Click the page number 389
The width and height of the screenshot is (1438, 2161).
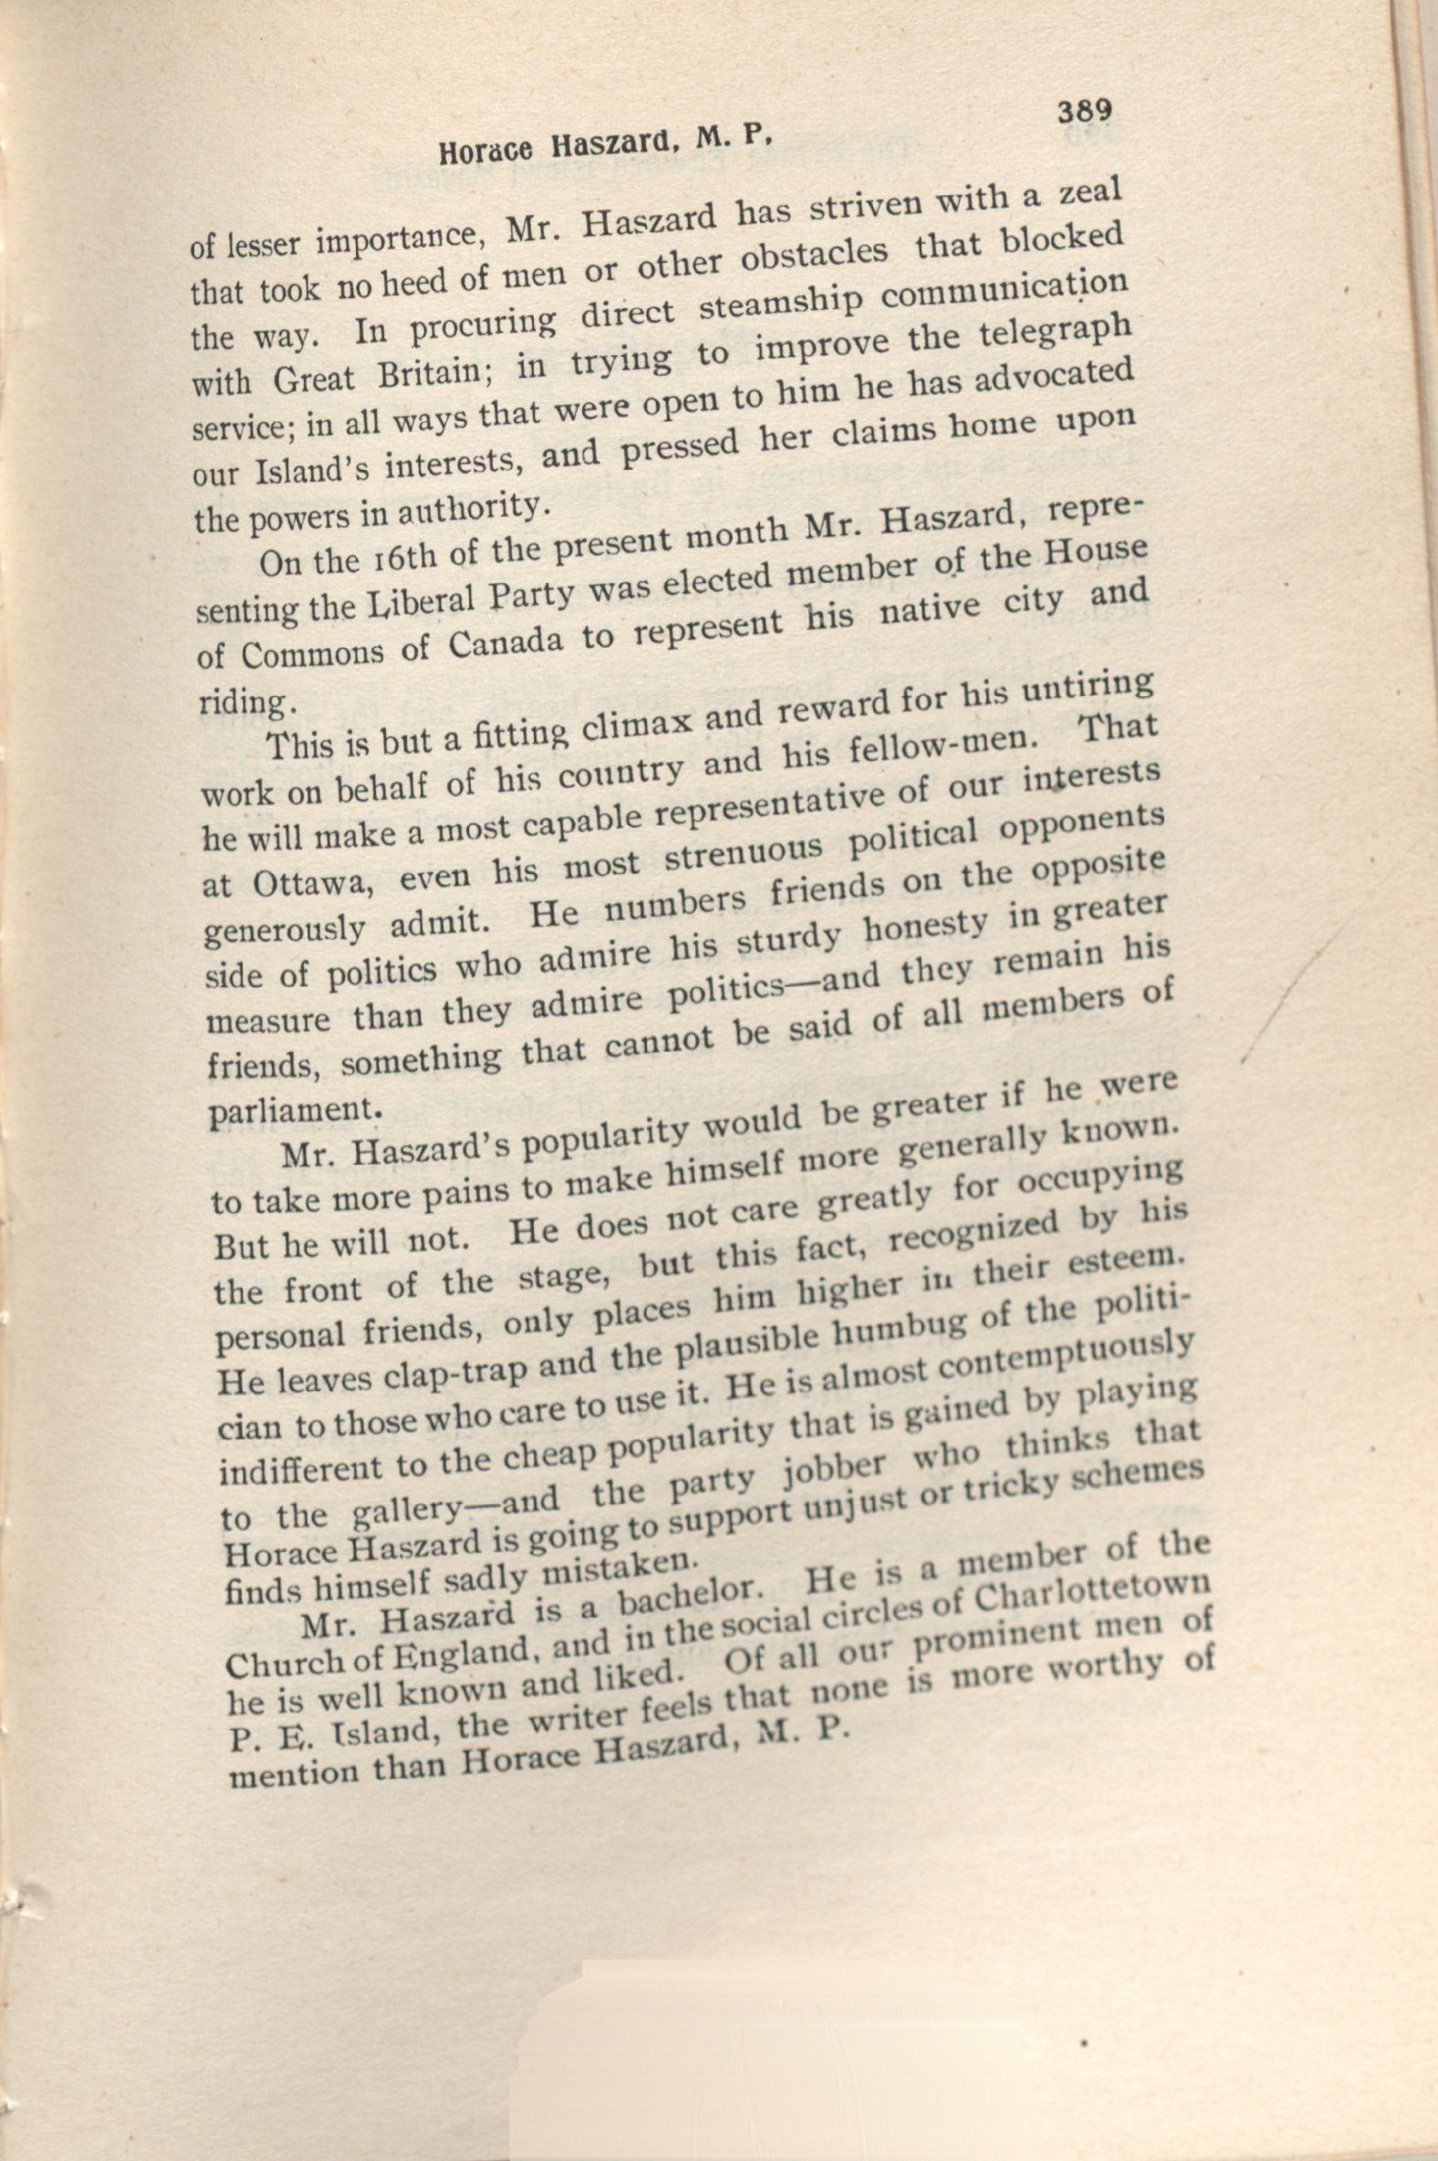pyautogui.click(x=1084, y=112)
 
